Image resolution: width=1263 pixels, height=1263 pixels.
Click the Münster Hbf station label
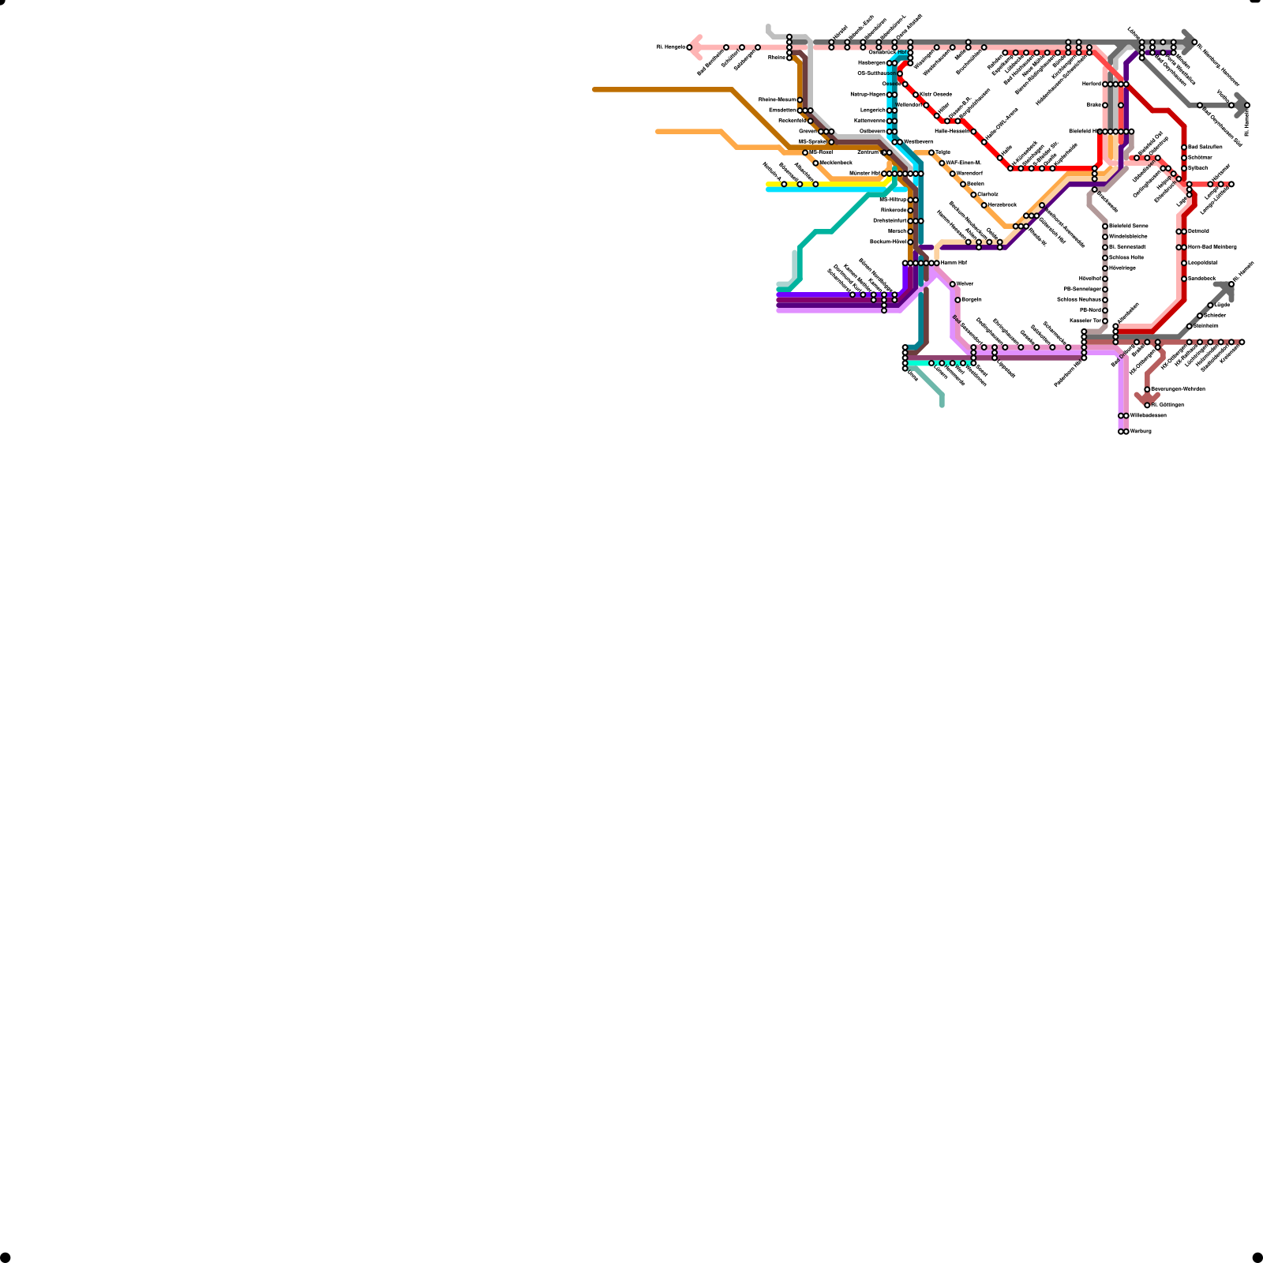pos(864,174)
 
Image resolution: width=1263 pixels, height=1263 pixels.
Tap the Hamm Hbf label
pos(954,263)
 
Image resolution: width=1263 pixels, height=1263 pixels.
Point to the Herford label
pos(1092,84)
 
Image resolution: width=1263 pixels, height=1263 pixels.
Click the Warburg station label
pos(1141,432)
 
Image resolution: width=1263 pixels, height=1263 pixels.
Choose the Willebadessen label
pos(1148,416)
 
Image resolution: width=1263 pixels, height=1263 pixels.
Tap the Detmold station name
pos(1198,231)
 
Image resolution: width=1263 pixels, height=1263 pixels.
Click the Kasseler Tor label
pos(1085,321)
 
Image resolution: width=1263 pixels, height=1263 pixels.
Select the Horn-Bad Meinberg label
pos(1212,247)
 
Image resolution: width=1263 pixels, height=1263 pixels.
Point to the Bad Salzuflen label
pos(1205,148)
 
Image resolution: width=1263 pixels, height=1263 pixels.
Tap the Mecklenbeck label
pos(835,163)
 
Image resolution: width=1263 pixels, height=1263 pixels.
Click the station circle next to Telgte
pos(931,152)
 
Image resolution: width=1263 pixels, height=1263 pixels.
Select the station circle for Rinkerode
pos(910,211)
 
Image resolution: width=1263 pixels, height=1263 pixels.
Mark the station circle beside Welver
pos(953,284)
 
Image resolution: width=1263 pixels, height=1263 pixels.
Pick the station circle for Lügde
pos(1210,305)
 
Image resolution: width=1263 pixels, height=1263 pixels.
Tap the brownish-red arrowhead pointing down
pos(1147,399)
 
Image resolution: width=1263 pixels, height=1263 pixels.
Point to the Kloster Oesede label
pos(935,95)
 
